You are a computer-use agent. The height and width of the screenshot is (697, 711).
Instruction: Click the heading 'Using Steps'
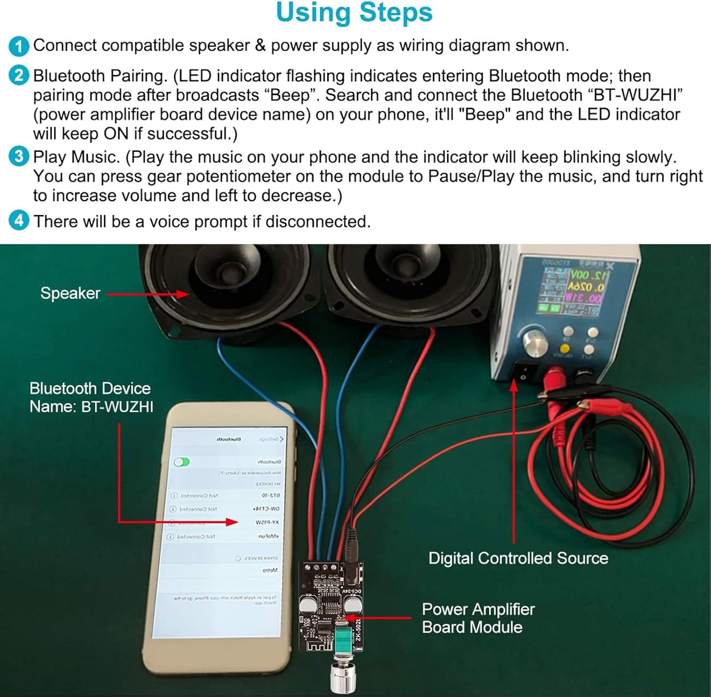pyautogui.click(x=354, y=13)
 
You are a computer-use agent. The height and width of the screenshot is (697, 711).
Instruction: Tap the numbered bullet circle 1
pyautogui.click(x=18, y=46)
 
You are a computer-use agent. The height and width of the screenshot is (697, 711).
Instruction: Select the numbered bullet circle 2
pyautogui.click(x=18, y=76)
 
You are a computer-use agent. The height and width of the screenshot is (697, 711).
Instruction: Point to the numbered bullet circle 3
pyautogui.click(x=18, y=156)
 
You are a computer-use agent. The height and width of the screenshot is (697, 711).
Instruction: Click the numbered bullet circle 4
pyautogui.click(x=18, y=221)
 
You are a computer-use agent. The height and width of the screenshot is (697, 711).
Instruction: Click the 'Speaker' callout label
pyautogui.click(x=70, y=293)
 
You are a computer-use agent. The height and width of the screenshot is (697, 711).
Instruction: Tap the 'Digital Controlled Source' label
pyautogui.click(x=518, y=558)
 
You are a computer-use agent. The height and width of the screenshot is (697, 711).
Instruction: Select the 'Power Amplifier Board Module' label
pyautogui.click(x=478, y=618)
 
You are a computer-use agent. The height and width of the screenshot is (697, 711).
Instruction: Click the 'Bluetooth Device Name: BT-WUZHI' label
pyautogui.click(x=91, y=397)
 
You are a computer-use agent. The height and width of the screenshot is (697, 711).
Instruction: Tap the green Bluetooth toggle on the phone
pyautogui.click(x=182, y=462)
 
